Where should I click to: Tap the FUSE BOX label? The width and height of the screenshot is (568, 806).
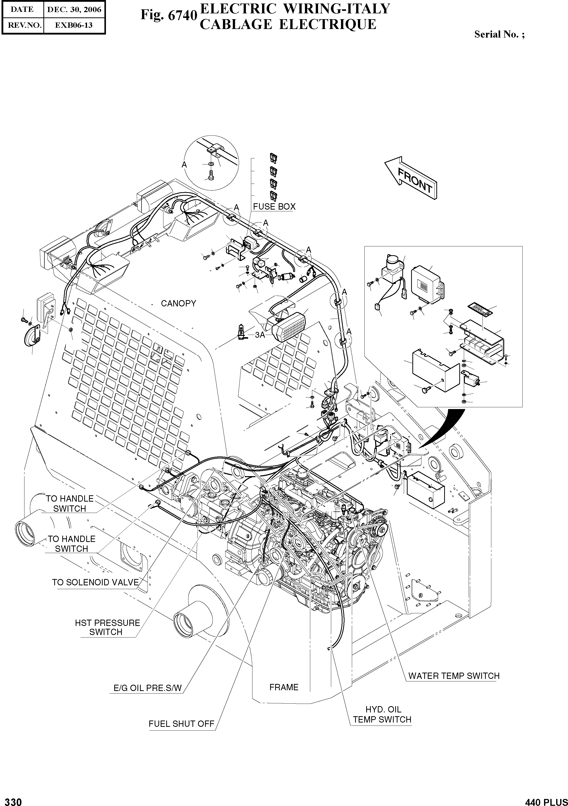274,206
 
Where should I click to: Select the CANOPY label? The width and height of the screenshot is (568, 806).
178,303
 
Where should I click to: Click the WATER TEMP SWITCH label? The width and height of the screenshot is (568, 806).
453,676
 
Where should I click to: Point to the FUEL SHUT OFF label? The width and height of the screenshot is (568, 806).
181,724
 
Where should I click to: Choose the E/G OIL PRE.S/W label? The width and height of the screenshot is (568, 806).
148,688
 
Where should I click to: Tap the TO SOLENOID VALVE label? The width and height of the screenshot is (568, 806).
96,582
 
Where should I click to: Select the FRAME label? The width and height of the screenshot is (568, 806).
284,687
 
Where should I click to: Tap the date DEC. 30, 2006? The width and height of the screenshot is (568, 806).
74,10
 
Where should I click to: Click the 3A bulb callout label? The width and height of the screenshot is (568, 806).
260,335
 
